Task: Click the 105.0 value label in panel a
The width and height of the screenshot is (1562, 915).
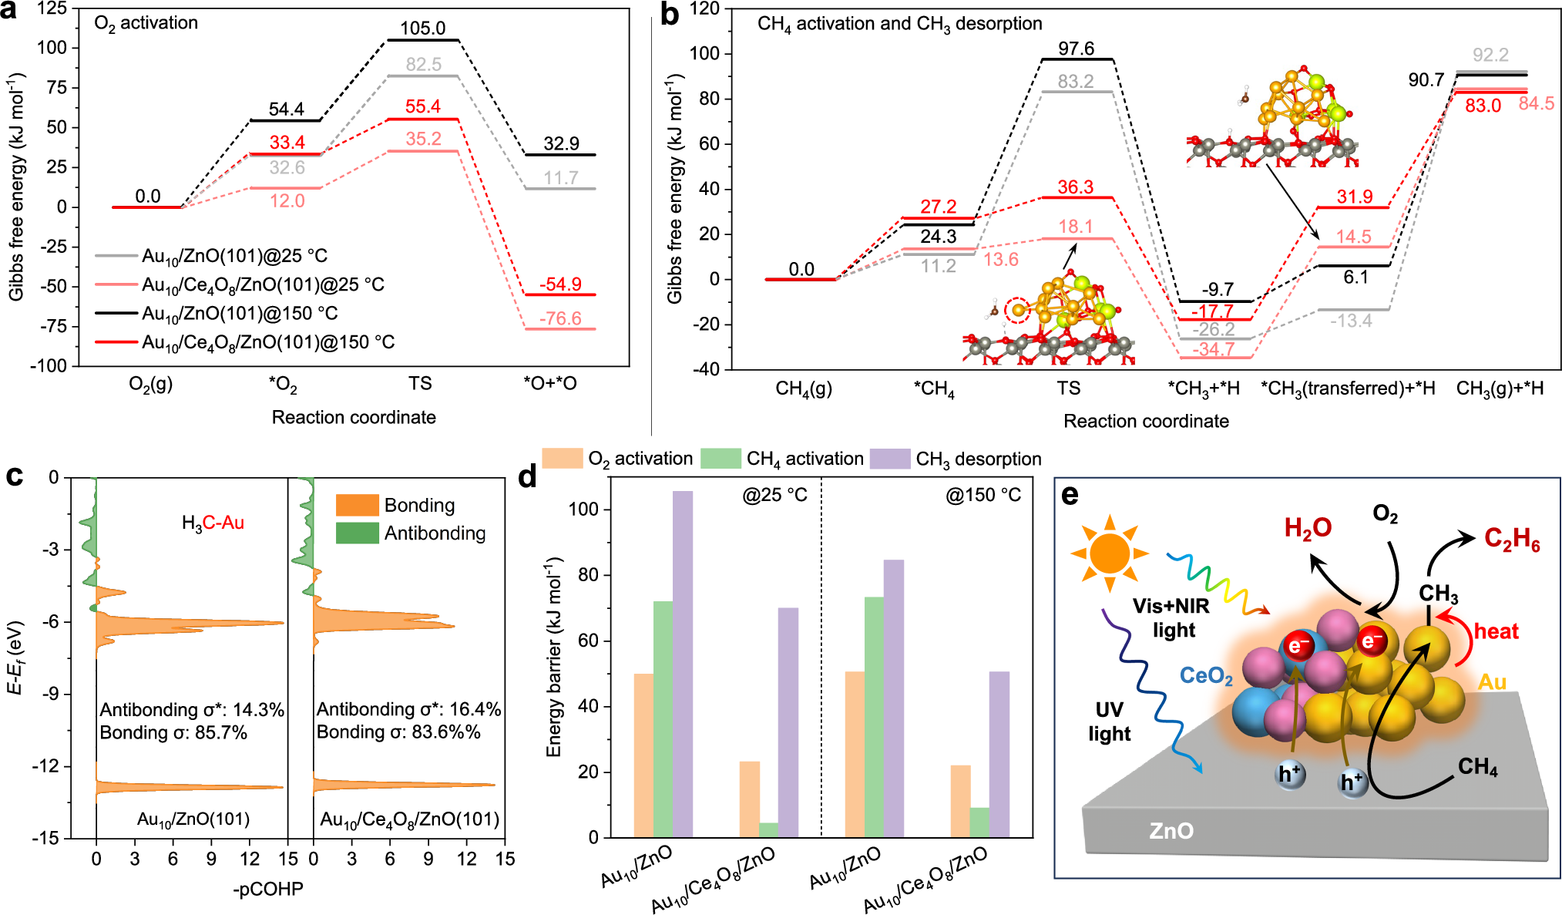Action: click(x=422, y=29)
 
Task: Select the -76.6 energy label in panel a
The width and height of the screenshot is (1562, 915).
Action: click(x=560, y=318)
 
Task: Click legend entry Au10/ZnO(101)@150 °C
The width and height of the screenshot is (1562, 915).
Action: click(x=240, y=314)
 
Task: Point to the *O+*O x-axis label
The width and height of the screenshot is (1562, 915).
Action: click(x=549, y=384)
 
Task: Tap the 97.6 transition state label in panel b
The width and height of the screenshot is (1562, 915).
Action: click(x=1076, y=49)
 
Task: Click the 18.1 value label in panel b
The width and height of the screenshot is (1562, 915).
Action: click(x=1075, y=227)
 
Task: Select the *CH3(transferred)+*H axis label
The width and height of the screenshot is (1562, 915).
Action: click(x=1348, y=389)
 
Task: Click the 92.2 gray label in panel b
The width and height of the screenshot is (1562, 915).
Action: click(x=1490, y=55)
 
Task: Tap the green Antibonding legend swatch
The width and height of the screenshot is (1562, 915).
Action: click(x=357, y=533)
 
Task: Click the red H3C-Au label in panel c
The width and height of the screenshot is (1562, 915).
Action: click(x=213, y=523)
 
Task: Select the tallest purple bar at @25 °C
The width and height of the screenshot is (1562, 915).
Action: click(x=682, y=663)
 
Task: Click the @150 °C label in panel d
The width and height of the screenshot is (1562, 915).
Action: click(x=983, y=495)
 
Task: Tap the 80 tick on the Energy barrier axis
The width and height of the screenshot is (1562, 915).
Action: click(x=587, y=575)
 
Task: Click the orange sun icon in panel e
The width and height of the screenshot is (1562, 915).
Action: click(x=1109, y=553)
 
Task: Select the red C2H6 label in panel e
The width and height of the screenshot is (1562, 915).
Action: click(x=1511, y=539)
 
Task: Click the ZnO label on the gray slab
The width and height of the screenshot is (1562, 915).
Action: click(x=1171, y=831)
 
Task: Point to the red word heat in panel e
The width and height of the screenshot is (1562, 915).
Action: click(x=1496, y=631)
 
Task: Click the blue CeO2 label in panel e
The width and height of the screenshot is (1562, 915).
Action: click(x=1205, y=676)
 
